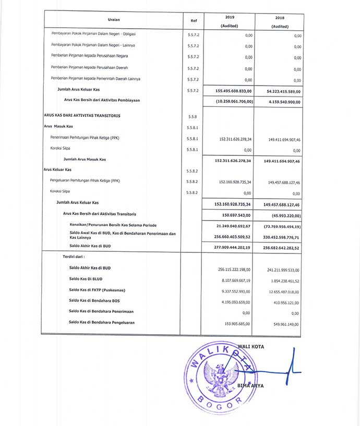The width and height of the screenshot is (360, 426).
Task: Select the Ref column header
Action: [x=194, y=21]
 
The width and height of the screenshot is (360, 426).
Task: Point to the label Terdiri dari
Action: [x=74, y=257]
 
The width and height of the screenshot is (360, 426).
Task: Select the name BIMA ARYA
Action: [x=251, y=385]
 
